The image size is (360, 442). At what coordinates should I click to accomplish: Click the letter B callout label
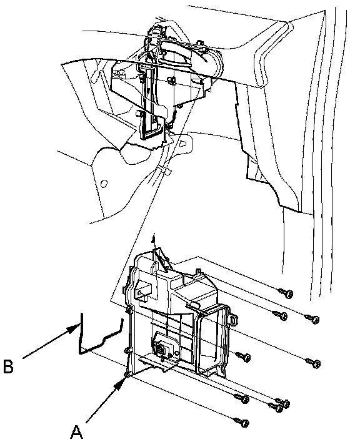click(x=8, y=366)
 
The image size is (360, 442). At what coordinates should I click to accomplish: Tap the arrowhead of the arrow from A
click(x=121, y=383)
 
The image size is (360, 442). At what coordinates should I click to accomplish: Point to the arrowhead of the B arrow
click(x=73, y=328)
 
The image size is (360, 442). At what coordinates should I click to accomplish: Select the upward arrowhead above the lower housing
click(x=153, y=239)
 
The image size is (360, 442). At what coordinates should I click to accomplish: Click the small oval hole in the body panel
click(x=104, y=184)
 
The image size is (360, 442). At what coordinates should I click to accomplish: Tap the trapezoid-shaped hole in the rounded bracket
click(x=183, y=143)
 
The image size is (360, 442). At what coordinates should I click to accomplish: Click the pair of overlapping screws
click(x=279, y=405)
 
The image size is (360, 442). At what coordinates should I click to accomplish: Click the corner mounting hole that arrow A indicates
click(x=127, y=374)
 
